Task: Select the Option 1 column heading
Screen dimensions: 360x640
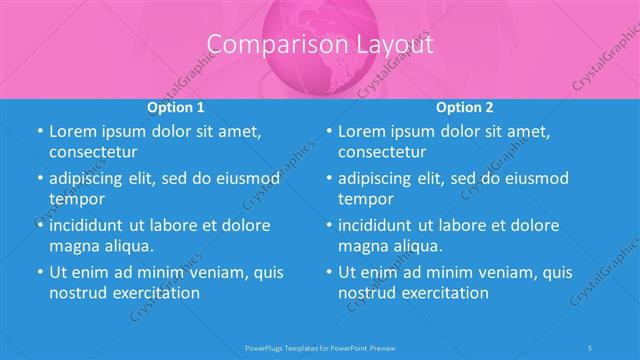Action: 176,106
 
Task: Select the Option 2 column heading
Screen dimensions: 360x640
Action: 465,106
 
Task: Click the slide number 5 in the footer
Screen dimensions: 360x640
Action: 591,348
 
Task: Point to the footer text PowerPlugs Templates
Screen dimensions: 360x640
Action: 285,348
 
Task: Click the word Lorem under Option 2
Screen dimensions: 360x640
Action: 363,131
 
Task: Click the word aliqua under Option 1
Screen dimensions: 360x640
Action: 128,246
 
